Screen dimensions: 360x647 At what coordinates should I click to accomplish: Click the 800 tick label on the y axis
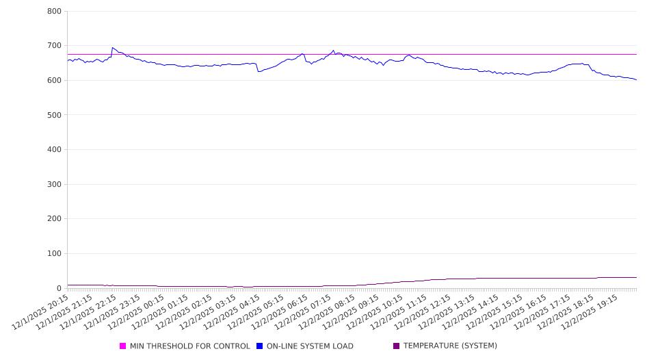coord(55,12)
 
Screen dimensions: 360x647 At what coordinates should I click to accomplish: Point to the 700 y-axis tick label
coord(55,46)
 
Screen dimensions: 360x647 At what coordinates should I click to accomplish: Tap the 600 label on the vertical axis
coord(55,81)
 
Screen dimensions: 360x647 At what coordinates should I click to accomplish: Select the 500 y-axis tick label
coord(55,115)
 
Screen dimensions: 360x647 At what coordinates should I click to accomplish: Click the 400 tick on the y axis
coord(55,150)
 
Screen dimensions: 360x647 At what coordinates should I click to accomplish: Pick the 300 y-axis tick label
coord(55,185)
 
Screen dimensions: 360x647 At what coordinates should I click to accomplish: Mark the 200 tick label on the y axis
coord(55,219)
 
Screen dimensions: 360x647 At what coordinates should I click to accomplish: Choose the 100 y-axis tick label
coord(55,254)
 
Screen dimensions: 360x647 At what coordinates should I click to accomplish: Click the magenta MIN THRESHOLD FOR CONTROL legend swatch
coord(123,346)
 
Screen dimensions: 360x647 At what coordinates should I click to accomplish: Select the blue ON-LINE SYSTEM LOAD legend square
coord(260,346)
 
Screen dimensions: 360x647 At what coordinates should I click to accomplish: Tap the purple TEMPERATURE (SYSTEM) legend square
coord(397,346)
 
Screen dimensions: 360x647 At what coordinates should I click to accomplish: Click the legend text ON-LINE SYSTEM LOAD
coord(310,346)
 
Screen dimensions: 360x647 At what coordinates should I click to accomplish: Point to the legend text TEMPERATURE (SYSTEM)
coord(450,346)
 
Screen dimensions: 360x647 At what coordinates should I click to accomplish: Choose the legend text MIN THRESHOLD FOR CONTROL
coord(190,346)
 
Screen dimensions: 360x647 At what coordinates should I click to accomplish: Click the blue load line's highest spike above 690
coord(112,48)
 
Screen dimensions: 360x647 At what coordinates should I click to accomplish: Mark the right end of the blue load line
coord(637,80)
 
